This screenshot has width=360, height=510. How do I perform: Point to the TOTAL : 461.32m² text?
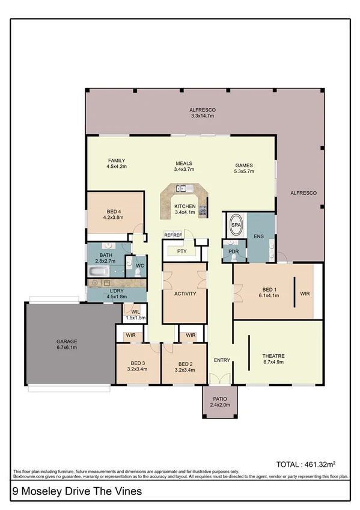pos(304,464)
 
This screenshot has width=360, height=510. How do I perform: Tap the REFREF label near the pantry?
pos(172,235)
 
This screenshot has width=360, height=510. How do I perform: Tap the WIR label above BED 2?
pos(190,335)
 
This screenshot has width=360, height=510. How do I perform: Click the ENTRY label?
pos(222,360)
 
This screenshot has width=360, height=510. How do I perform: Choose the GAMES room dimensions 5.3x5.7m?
pos(244,171)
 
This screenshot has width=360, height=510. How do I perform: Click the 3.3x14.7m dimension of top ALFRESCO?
pos(202,115)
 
